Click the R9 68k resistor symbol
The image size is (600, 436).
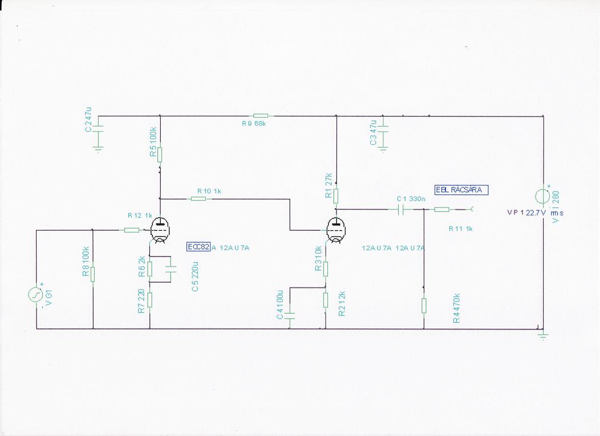260,116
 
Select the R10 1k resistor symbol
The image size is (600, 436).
198,199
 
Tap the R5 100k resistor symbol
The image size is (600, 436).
160,154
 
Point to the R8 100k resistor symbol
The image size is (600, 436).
93,274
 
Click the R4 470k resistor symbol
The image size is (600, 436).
424,305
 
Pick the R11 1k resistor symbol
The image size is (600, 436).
442,210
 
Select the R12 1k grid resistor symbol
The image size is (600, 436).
131,230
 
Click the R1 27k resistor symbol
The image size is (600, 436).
336,196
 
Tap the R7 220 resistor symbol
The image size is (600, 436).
149,299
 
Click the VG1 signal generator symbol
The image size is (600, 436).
37,295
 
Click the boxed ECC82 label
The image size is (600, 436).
198,247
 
